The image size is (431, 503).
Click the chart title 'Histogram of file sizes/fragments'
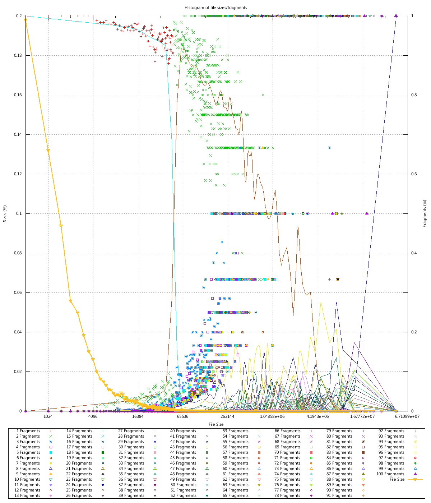click(215, 7)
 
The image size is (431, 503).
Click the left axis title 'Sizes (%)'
click(5, 213)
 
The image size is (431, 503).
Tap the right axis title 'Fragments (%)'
click(425, 213)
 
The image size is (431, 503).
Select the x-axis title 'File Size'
click(215, 424)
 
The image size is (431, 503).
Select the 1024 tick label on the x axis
click(48, 416)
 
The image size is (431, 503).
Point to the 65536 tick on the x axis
click(182, 416)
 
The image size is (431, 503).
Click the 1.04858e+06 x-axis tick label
click(272, 416)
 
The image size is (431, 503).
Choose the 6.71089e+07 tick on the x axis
click(407, 416)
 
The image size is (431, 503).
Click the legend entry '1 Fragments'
click(28, 431)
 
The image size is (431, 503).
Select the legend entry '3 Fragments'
click(28, 442)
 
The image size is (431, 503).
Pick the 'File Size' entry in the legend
click(397, 479)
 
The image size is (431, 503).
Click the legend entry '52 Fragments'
click(184, 495)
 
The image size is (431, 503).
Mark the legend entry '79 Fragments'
click(339, 431)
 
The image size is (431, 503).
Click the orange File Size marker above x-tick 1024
click(48, 150)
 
